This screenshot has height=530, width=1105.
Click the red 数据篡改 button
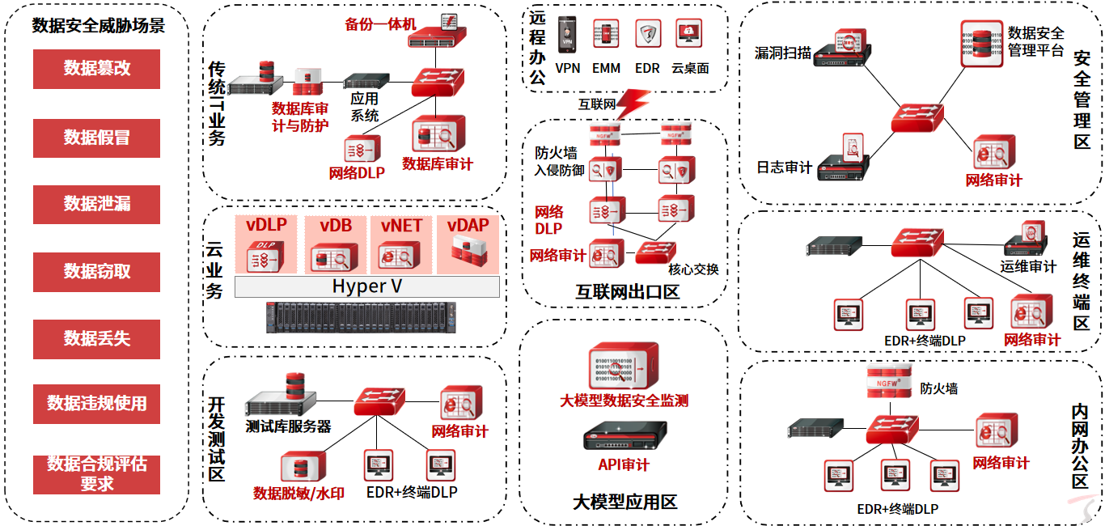pyautogui.click(x=96, y=69)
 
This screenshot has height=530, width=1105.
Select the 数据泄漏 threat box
pyautogui.click(x=96, y=204)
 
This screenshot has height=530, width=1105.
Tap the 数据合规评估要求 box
pyautogui.click(x=96, y=474)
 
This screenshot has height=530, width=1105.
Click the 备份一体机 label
pyautogui.click(x=380, y=24)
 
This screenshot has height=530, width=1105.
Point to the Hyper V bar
pyautogui.click(x=366, y=287)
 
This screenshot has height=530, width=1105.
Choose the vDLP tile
pyautogui.click(x=266, y=244)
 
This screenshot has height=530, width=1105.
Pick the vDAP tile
pyautogui.click(x=468, y=244)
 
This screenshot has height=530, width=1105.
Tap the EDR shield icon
pyautogui.click(x=647, y=35)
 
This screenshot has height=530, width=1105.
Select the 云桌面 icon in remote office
pyautogui.click(x=688, y=34)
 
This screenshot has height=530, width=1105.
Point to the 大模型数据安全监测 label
pyautogui.click(x=624, y=401)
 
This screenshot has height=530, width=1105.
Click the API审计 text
pyautogui.click(x=624, y=464)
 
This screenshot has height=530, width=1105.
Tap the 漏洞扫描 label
pyautogui.click(x=782, y=53)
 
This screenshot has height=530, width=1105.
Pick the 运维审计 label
pyautogui.click(x=1028, y=266)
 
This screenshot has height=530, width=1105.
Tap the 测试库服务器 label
pyautogui.click(x=288, y=426)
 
